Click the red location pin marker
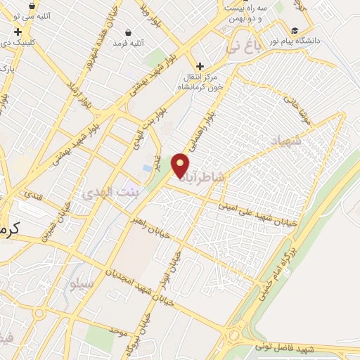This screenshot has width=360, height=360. pos(181,166)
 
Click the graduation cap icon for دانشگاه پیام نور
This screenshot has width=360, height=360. pos(294,30)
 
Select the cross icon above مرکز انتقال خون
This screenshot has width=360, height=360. pos(200,65)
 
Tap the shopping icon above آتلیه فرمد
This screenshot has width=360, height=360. pos(129,32)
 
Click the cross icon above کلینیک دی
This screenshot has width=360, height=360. pos(18,32)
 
